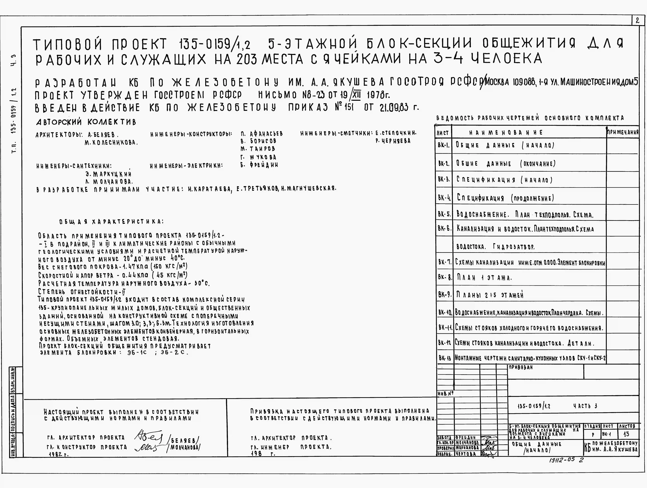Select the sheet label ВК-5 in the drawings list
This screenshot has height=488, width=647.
click(x=444, y=214)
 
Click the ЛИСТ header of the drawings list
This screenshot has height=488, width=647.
click(x=443, y=133)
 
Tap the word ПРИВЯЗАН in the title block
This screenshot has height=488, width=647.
click(x=521, y=367)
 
